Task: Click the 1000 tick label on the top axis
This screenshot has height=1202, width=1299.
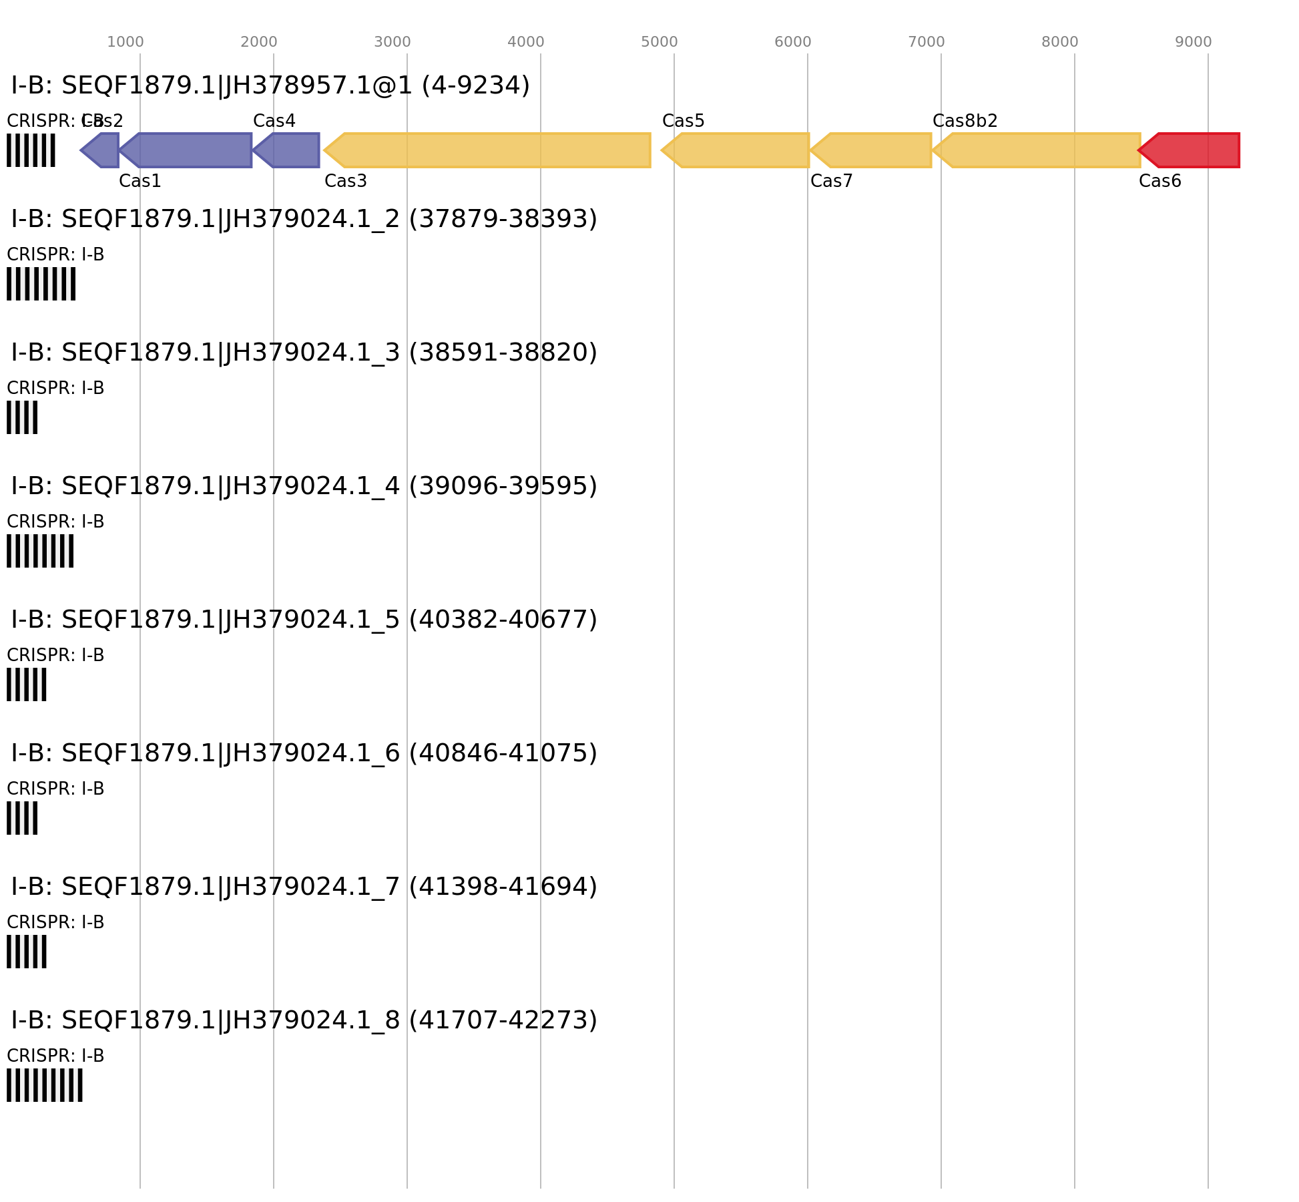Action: (x=125, y=42)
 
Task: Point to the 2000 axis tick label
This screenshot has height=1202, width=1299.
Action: (x=259, y=42)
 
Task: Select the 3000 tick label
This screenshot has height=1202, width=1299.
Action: (x=393, y=42)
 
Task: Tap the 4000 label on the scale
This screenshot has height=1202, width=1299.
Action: (x=526, y=42)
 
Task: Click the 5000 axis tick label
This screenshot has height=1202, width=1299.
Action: (x=660, y=42)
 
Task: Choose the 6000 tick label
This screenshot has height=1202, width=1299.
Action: (x=793, y=42)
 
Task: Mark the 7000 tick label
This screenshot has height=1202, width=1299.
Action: (x=927, y=42)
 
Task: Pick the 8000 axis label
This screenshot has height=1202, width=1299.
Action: (x=1060, y=42)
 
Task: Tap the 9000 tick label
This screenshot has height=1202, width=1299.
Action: (x=1194, y=42)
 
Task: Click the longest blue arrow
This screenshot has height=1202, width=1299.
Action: (x=190, y=150)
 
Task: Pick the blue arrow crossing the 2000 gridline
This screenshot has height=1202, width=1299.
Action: (x=290, y=150)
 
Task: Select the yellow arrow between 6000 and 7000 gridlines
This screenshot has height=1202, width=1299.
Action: (x=874, y=150)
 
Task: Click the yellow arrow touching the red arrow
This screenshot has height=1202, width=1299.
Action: (x=1041, y=150)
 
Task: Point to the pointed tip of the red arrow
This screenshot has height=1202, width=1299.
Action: (x=1138, y=150)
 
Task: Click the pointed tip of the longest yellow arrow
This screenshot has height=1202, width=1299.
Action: (x=324, y=150)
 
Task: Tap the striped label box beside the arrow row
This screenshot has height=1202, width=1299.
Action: (x=31, y=150)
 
